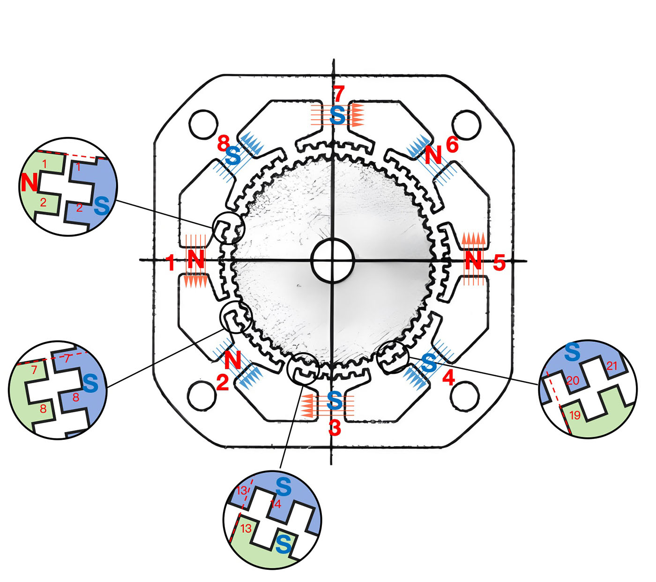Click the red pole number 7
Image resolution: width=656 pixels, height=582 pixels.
click(x=338, y=94)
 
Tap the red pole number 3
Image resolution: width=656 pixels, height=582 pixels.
click(x=335, y=428)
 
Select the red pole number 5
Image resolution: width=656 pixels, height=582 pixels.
click(x=499, y=263)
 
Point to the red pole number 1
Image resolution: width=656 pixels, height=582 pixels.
click(x=171, y=263)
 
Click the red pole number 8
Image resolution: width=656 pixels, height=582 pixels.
click(x=224, y=143)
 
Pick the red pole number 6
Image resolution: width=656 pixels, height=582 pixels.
click(x=452, y=144)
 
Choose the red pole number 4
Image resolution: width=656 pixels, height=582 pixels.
click(x=448, y=378)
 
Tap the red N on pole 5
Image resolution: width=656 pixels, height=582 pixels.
click(x=473, y=261)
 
